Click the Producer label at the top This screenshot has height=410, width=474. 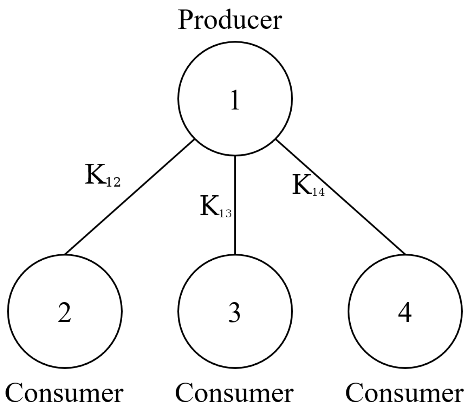230,20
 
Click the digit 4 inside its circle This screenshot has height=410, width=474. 405,312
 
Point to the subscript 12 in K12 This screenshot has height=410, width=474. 113,182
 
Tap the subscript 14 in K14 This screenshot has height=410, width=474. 318,191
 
